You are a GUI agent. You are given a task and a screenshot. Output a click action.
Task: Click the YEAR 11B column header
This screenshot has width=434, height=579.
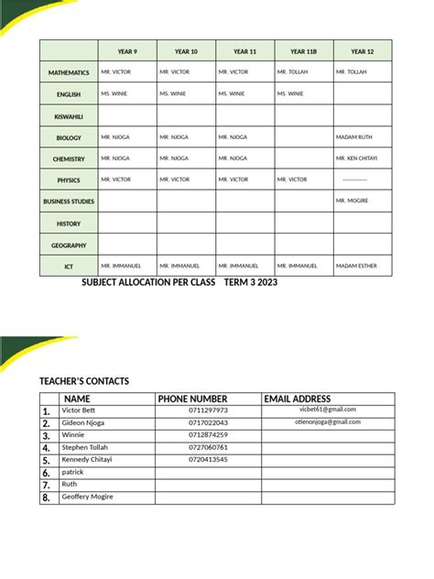304,52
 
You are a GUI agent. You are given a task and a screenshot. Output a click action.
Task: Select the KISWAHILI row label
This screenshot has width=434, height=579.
69,117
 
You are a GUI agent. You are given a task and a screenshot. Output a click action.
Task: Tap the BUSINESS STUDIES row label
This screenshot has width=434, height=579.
69,202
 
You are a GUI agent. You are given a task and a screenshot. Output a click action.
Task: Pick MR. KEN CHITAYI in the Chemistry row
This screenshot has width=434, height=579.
357,158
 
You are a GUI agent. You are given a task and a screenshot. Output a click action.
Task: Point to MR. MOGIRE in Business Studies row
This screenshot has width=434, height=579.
353,201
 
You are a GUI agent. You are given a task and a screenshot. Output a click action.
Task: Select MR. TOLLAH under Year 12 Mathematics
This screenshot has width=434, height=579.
353,72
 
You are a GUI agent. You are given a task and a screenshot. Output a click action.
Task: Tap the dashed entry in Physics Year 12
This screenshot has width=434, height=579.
354,180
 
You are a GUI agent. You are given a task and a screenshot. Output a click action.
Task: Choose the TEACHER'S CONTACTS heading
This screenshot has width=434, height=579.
84,381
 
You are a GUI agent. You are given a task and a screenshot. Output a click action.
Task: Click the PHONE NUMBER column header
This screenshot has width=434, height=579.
192,399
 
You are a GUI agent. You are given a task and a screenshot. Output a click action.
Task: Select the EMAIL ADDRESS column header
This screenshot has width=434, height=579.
297,399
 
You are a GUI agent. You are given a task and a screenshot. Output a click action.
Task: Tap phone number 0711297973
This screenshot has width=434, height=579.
208,410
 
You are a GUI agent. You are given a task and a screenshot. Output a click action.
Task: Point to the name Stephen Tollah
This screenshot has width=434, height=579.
85,447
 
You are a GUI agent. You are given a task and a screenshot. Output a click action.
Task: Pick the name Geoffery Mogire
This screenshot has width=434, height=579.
88,497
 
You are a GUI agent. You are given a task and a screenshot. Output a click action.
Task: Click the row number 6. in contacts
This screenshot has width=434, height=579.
46,473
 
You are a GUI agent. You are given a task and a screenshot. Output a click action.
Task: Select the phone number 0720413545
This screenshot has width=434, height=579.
208,459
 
